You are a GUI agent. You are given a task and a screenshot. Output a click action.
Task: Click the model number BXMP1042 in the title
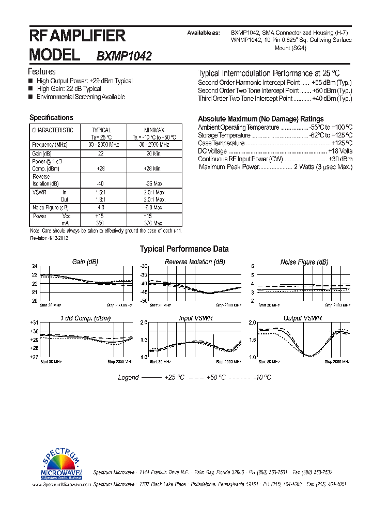[124, 56]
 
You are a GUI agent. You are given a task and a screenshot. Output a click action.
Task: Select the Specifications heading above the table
[51, 118]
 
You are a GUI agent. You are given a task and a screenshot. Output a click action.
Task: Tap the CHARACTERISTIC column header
[53, 130]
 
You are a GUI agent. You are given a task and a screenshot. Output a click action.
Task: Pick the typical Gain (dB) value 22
[101, 154]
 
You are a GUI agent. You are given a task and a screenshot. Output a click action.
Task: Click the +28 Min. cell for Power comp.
[154, 168]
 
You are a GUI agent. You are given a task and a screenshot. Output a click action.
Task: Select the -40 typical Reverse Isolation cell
[101, 184]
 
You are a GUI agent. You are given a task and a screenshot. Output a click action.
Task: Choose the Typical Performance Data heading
[184, 249]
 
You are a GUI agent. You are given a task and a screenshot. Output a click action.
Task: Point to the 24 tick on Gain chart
[35, 267]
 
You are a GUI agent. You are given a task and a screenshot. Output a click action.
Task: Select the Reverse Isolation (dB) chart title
[195, 262]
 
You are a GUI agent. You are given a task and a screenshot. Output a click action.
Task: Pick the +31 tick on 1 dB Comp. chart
[34, 322]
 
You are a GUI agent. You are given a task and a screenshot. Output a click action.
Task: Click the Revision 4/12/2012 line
[49, 238]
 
